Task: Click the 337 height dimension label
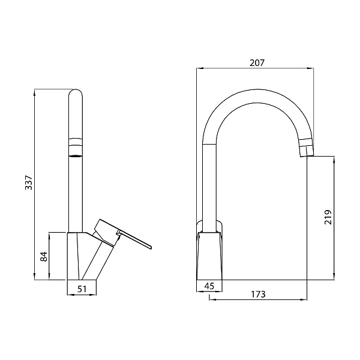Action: coord(29,182)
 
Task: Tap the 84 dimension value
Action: coord(44,256)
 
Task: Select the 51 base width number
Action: coord(82,289)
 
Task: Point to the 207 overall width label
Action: coord(257,62)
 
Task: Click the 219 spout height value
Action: coord(328,217)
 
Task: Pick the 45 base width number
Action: coord(209,286)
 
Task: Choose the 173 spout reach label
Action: coord(258,294)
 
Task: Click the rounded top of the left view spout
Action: coord(76,91)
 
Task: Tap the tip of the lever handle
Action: coord(151,247)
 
